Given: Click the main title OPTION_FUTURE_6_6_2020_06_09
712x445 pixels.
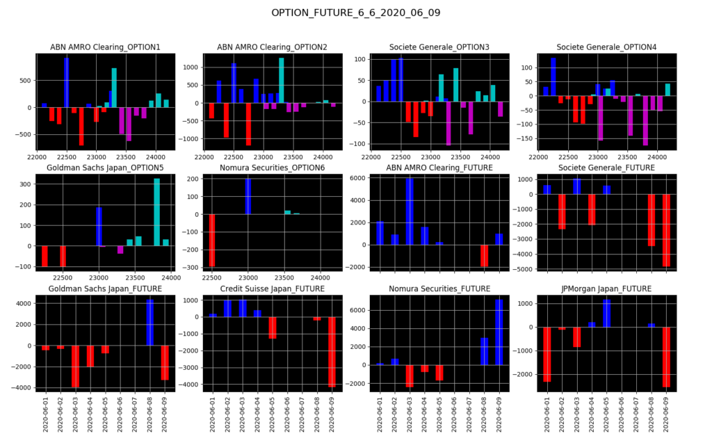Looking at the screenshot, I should pos(356,13).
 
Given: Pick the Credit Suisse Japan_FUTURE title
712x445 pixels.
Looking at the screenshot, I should pos(272,288).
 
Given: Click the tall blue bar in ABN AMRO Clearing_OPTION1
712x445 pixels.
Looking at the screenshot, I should pos(67,82).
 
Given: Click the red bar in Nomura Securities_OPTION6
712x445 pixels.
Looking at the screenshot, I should pos(212,240).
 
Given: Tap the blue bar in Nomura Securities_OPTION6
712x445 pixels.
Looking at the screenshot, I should pos(248,196).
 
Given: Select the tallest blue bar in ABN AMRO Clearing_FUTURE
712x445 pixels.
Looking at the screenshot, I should pos(410,211).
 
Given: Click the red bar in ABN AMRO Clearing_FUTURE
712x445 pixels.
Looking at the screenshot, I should pos(484,255).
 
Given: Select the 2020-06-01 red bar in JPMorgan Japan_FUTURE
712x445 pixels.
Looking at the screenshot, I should pos(547,354).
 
